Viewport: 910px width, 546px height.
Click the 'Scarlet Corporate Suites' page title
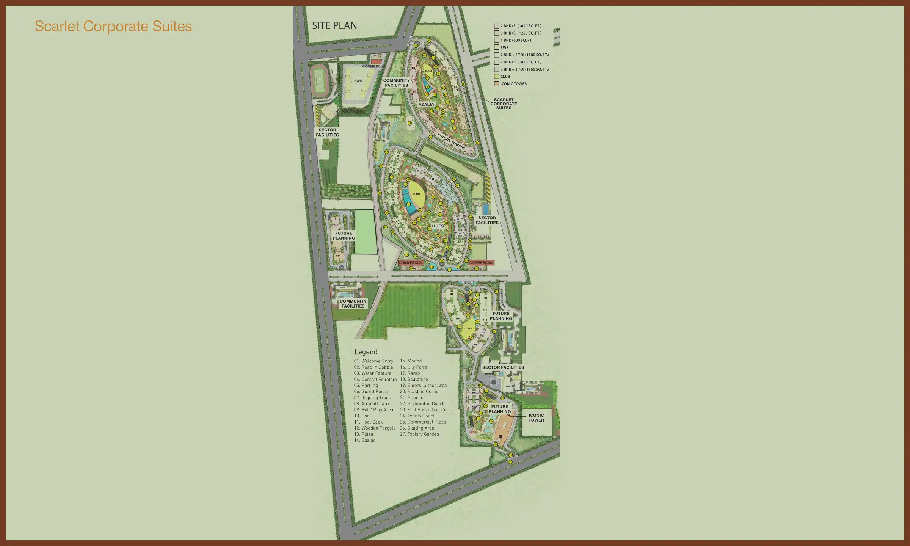(113, 26)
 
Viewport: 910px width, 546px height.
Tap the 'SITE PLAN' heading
(334, 25)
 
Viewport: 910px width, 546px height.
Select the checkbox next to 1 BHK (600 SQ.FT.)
(496, 40)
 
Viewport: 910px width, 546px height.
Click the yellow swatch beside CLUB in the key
(496, 76)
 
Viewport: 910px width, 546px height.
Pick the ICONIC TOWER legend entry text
(513, 84)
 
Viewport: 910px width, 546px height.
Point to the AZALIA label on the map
(426, 104)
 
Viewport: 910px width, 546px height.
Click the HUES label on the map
(438, 226)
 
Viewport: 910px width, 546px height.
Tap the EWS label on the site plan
(358, 81)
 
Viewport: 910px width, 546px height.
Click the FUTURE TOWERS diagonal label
(451, 141)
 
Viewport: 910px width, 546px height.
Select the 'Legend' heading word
(366, 352)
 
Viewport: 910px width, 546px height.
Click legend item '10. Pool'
(362, 416)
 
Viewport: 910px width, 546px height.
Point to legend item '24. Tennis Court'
(417, 416)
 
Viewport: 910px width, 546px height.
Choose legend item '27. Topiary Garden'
(419, 434)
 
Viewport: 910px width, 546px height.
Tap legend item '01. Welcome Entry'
(373, 361)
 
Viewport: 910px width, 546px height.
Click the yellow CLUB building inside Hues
(416, 193)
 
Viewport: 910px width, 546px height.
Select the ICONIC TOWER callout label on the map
(536, 417)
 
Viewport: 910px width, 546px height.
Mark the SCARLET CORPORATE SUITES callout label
(504, 104)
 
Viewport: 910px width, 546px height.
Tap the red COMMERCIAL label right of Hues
(481, 262)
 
